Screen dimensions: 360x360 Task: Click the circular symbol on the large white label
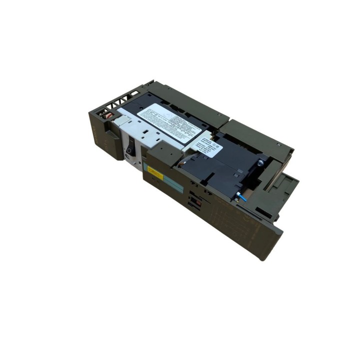pos(175,120)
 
